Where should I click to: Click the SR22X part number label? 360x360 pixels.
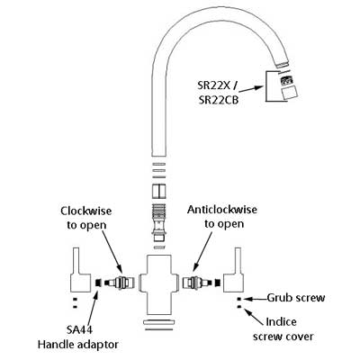(213, 85)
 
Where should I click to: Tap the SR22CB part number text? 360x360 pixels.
(219, 100)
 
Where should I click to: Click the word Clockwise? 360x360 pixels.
(86, 211)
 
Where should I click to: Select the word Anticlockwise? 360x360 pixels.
(222, 210)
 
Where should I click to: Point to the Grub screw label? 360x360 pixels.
(296, 298)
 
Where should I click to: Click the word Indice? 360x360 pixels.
(281, 322)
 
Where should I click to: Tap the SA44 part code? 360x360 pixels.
(79, 329)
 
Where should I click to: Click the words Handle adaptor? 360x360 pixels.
(78, 345)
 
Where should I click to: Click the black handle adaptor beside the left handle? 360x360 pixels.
(97, 283)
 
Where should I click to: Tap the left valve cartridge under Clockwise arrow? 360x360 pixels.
(119, 283)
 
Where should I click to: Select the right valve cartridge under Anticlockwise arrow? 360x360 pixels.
(198, 283)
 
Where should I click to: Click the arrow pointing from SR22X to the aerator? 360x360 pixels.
(251, 89)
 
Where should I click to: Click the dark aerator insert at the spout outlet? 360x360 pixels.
(286, 81)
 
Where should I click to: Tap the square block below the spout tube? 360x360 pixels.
(159, 191)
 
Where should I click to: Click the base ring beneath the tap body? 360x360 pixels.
(158, 323)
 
